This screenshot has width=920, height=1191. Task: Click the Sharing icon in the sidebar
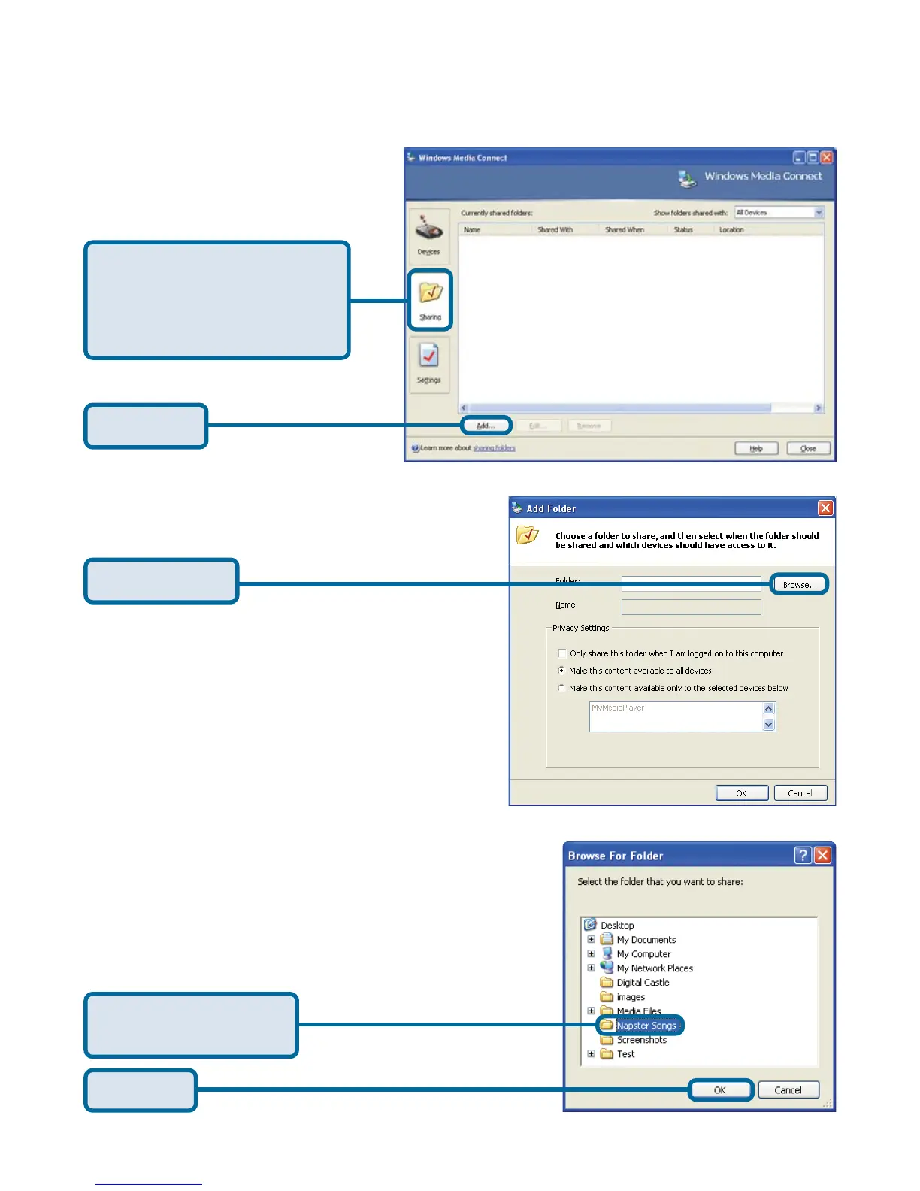[x=430, y=298]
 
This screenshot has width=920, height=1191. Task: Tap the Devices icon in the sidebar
[x=429, y=234]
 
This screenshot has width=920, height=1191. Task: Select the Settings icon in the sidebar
[x=429, y=362]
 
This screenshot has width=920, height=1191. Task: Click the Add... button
[x=486, y=426]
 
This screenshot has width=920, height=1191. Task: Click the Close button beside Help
[x=808, y=448]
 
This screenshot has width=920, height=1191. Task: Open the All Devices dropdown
[x=779, y=213]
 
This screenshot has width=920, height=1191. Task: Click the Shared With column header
[x=555, y=229]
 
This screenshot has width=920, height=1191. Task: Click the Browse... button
[x=800, y=585]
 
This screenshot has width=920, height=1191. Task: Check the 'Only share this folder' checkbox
[x=561, y=653]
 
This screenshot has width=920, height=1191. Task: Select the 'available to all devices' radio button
[x=561, y=671]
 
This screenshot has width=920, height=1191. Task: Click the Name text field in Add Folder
[x=691, y=607]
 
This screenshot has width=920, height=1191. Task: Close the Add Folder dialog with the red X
[x=825, y=508]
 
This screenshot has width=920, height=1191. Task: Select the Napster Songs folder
[x=646, y=1026]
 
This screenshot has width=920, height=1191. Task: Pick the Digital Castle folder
[x=642, y=983]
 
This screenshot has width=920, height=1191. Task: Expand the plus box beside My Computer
[x=591, y=954]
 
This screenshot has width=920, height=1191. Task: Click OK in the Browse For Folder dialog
[x=720, y=1090]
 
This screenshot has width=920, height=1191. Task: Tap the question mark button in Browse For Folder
[x=803, y=856]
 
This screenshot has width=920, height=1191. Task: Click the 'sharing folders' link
[x=494, y=448]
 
